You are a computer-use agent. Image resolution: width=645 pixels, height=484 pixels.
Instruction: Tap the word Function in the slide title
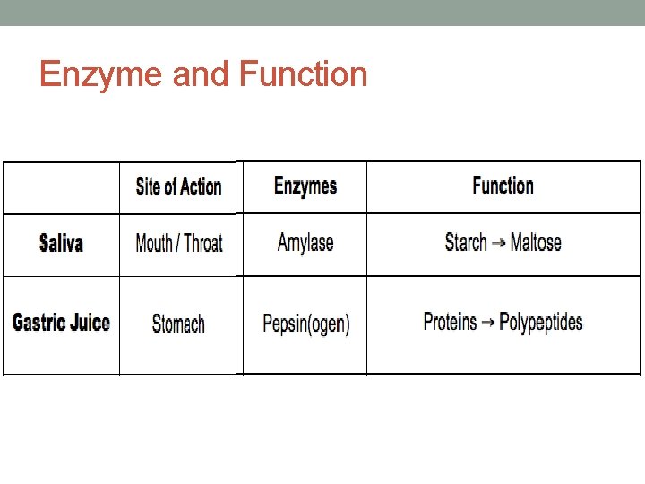(x=304, y=74)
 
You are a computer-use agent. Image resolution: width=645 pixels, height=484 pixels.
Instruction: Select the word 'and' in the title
(x=201, y=74)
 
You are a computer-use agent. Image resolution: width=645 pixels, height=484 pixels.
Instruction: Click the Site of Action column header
(x=178, y=187)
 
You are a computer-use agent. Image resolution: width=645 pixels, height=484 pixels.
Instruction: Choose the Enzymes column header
(x=305, y=186)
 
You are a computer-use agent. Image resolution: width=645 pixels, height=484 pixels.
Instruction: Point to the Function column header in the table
(x=503, y=186)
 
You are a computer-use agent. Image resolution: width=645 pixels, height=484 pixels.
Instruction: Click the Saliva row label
(x=61, y=243)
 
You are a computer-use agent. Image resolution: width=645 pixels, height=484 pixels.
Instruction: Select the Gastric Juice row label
(x=61, y=323)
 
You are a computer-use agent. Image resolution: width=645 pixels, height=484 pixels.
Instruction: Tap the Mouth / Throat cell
(x=178, y=243)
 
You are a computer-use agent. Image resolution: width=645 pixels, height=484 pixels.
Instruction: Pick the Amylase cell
(x=305, y=243)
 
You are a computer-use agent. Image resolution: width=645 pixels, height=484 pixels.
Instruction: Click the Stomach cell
(x=178, y=324)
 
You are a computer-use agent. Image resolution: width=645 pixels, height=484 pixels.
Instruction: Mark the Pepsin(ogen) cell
(x=305, y=324)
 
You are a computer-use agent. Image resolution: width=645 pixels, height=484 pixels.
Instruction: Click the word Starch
(x=466, y=242)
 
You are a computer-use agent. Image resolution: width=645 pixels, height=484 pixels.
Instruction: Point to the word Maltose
(x=536, y=242)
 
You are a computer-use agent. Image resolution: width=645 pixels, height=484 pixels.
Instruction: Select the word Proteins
(x=450, y=322)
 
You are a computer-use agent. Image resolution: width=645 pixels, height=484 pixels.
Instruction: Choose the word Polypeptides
(x=540, y=323)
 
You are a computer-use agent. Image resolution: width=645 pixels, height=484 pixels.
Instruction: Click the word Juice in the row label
(x=88, y=323)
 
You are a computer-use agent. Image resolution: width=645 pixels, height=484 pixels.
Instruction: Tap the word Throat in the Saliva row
(x=202, y=243)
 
